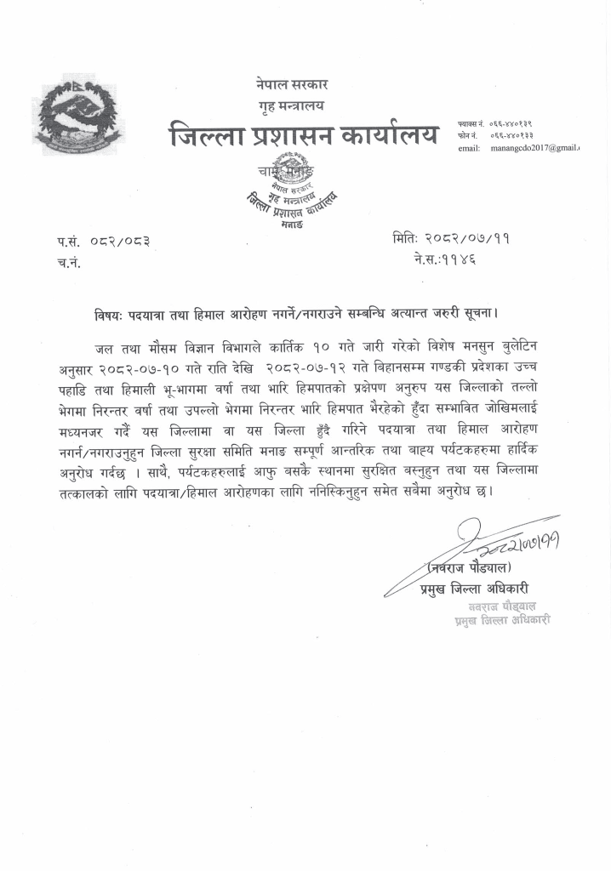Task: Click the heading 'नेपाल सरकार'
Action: [291, 85]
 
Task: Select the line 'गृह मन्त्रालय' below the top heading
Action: [291, 106]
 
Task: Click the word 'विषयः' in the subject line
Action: [108, 315]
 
